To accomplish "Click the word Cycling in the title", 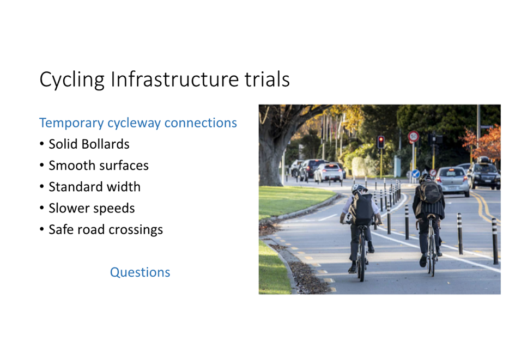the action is tap(72, 80).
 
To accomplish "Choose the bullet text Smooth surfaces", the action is tap(99, 166).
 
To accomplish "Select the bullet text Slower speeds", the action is tap(92, 208).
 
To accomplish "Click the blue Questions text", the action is tap(140, 272).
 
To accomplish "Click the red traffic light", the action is tap(381, 142).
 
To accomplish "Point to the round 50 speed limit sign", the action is tap(413, 137).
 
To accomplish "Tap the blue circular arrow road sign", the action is tap(416, 174).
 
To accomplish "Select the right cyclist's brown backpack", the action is tap(430, 191).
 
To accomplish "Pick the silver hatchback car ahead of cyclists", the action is tap(452, 181).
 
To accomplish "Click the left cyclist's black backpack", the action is tap(361, 209).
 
